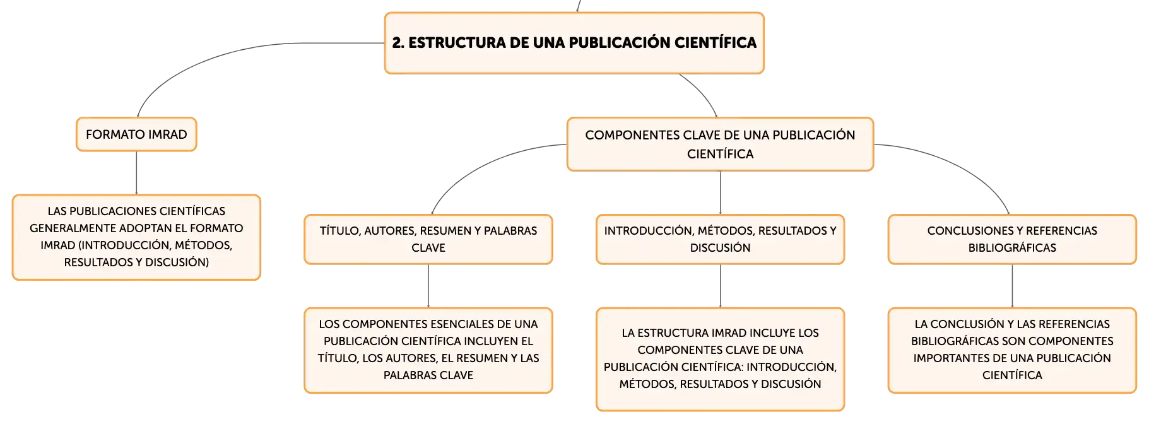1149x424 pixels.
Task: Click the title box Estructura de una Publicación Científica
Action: click(x=574, y=43)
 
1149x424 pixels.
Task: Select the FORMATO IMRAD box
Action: click(x=136, y=134)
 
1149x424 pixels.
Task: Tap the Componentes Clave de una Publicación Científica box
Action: click(x=720, y=144)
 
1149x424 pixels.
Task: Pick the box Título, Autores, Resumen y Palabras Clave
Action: click(x=428, y=239)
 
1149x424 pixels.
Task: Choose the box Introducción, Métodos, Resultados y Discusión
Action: click(x=720, y=239)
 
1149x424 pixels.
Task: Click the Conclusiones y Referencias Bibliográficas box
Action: click(x=1012, y=239)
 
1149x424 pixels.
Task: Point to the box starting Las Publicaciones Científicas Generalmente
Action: click(x=136, y=237)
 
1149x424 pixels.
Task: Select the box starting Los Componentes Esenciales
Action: click(x=428, y=350)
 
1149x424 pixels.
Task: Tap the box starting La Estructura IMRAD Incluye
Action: click(x=720, y=359)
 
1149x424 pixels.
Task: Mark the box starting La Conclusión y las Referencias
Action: click(x=1012, y=350)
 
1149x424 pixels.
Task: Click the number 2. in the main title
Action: click(x=398, y=43)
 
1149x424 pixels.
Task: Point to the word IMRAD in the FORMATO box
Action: click(x=167, y=134)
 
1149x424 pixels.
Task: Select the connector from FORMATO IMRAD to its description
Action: click(x=136, y=173)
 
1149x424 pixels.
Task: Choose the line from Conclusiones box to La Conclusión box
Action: click(x=1012, y=286)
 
